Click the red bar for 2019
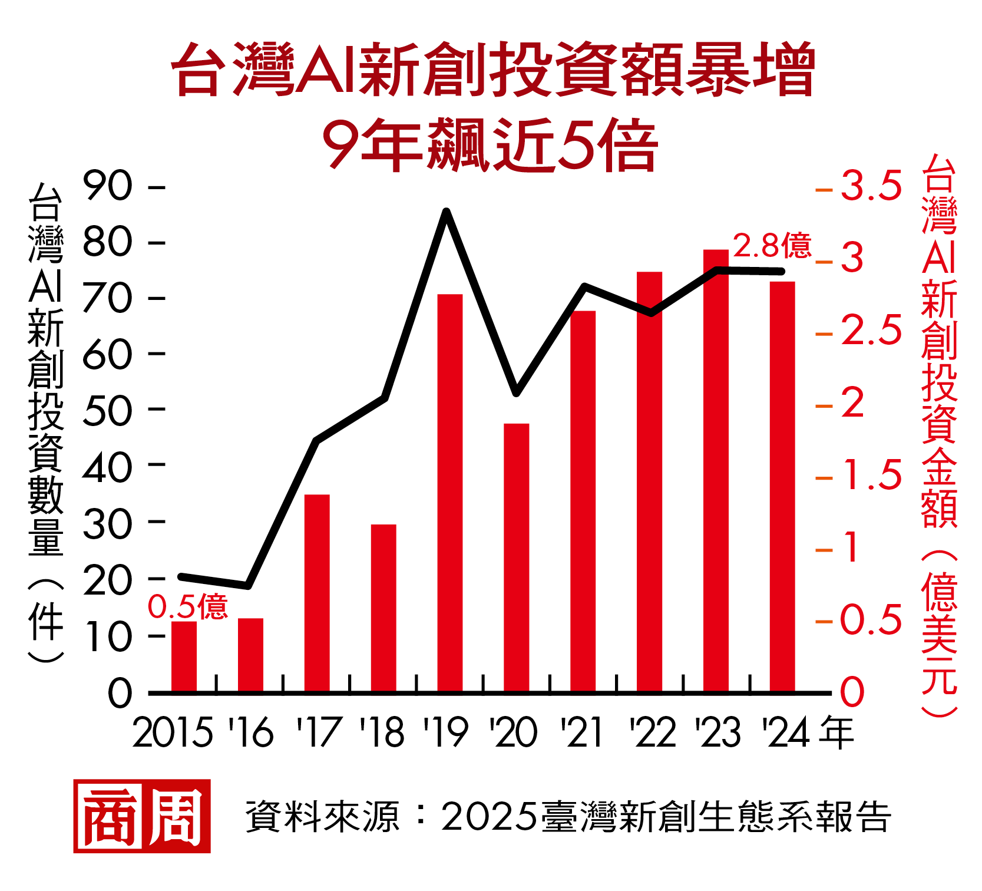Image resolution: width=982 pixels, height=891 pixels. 450,493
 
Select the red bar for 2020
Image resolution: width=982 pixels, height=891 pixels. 517,557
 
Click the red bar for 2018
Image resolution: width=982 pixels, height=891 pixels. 383,608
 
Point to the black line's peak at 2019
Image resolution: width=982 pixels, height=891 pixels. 447,211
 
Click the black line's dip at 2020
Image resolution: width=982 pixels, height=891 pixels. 516,392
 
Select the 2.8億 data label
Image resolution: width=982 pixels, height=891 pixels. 772,246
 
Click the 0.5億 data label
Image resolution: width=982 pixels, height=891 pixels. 187,606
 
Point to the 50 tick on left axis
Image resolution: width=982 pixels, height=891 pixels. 107,411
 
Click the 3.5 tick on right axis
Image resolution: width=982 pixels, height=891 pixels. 871,186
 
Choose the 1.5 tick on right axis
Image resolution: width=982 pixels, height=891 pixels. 872,475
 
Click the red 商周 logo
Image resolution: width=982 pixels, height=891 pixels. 142,816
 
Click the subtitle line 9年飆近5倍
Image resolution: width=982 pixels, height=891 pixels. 490,144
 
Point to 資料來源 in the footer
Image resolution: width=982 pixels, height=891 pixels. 322,817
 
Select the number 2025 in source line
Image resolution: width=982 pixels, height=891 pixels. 490,817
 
